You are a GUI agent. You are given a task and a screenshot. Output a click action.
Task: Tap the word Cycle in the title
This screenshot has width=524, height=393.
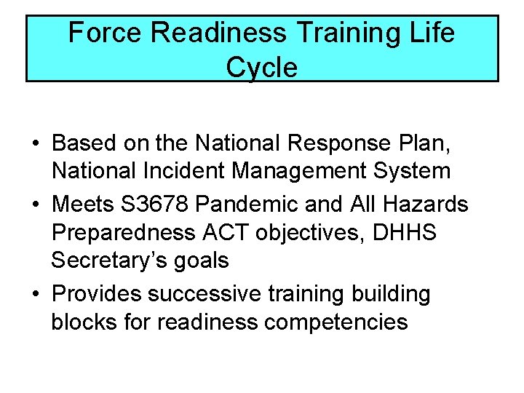[261, 68]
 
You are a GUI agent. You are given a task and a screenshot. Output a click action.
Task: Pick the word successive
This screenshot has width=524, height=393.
[203, 294]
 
